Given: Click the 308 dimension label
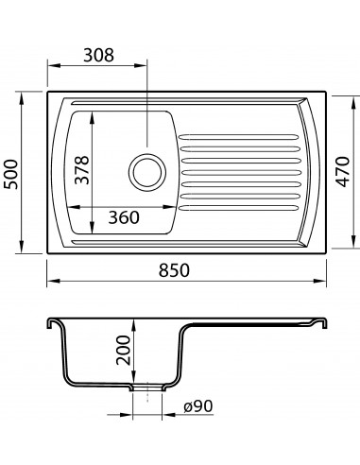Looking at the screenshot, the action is tap(98, 55).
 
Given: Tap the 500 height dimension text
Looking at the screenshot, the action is tap(10, 174).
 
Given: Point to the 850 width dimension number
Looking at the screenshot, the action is tap(174, 270).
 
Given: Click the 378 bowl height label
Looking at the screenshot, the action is tap(82, 169).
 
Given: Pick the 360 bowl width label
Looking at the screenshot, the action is tap(124, 217).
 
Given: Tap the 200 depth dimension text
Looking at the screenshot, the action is tap(123, 350).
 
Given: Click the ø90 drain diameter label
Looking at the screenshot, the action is tap(198, 406).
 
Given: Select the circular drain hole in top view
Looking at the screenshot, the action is tap(147, 172).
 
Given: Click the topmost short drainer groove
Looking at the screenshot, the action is tap(238, 137).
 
